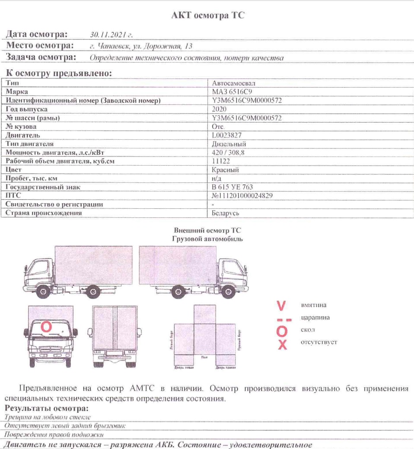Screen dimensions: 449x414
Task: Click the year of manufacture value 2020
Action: click(x=219, y=109)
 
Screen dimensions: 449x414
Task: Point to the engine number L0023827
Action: click(x=227, y=135)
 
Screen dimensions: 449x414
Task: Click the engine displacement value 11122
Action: click(x=221, y=161)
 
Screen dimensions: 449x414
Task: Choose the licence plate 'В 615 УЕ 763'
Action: click(x=232, y=187)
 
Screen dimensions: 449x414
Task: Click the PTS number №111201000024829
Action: click(x=242, y=196)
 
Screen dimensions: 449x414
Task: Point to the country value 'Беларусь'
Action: click(x=226, y=213)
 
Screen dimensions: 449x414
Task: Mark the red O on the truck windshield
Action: click(x=46, y=327)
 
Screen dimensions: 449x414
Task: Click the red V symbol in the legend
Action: click(x=281, y=306)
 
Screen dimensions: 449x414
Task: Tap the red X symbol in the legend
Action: click(x=282, y=344)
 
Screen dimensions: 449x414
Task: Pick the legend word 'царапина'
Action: click(x=315, y=318)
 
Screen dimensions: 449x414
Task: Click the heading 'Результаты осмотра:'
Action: click(x=47, y=408)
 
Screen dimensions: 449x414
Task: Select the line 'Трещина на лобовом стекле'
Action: click(x=48, y=417)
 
